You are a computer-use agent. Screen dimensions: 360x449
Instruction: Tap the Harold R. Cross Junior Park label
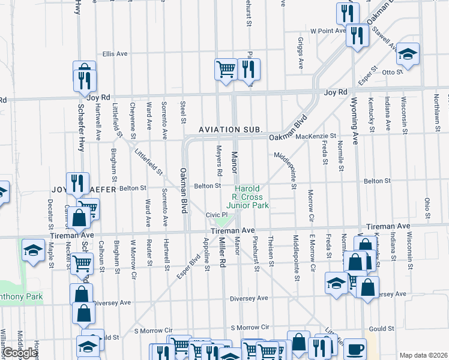pos(251,197)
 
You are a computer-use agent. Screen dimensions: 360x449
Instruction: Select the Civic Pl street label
pos(217,215)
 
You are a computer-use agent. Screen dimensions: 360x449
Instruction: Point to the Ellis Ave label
pos(115,53)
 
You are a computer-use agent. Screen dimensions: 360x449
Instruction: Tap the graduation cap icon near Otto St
pos(408,56)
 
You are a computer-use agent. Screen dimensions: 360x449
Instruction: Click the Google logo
pos(20,353)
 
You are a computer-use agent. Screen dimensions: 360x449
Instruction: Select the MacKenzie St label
pos(316,137)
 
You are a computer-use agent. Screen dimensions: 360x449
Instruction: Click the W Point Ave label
pos(328,30)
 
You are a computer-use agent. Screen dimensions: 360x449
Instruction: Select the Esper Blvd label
pos(188,269)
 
